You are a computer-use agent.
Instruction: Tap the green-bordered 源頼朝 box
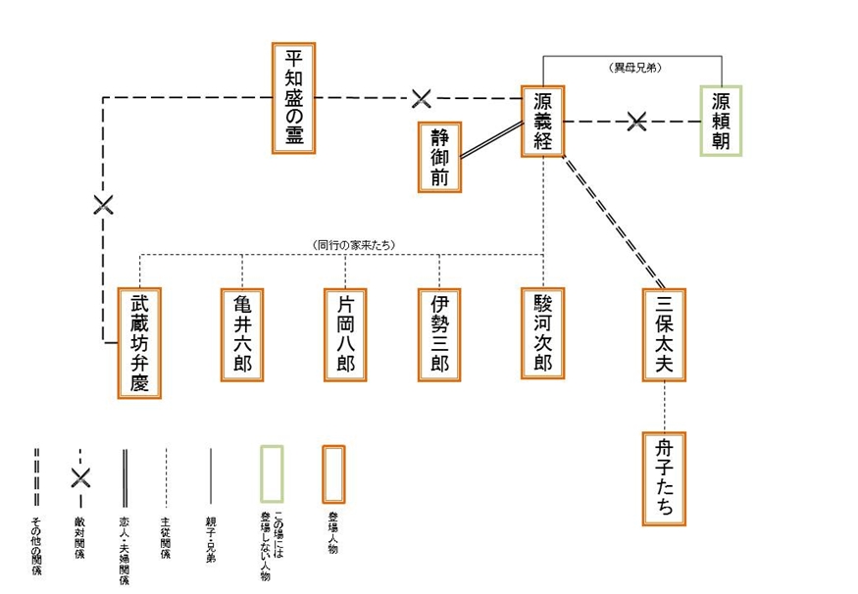tap(721, 122)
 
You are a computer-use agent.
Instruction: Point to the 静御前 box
tap(438, 157)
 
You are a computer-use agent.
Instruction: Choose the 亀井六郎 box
tap(242, 334)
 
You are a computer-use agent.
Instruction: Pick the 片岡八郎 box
tap(345, 334)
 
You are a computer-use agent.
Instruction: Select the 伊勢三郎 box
tap(439, 334)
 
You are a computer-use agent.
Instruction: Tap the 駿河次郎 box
tap(543, 334)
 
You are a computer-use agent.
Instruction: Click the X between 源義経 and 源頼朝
tap(636, 122)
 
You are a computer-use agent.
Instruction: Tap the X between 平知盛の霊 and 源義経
tap(421, 98)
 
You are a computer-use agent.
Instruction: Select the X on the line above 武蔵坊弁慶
tap(103, 205)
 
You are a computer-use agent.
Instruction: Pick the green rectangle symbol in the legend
tap(272, 474)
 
